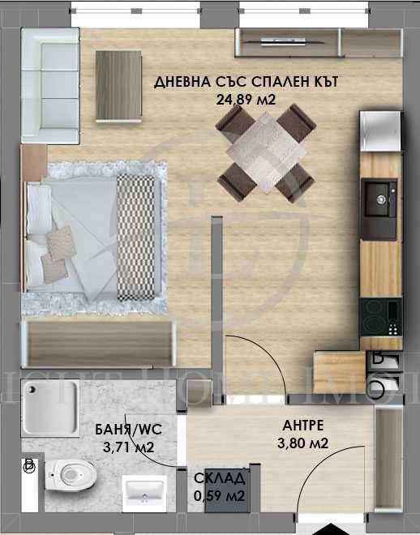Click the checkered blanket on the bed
[x=135, y=236]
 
